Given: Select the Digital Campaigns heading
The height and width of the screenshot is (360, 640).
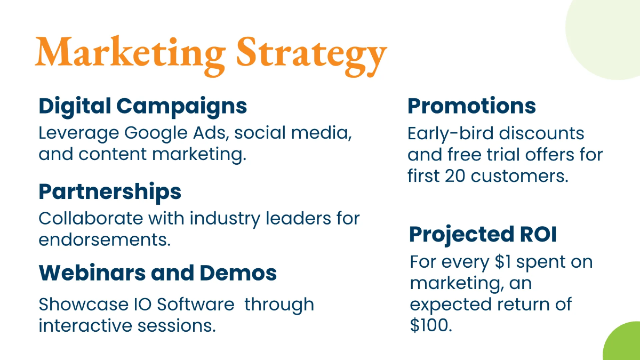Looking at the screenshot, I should point(142,106).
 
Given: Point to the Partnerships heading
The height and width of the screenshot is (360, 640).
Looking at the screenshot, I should point(110,191).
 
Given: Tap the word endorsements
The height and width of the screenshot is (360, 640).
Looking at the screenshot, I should point(105,239).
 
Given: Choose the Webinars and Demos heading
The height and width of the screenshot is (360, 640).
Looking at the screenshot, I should point(157,273).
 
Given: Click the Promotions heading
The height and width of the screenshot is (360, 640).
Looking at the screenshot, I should point(471,106).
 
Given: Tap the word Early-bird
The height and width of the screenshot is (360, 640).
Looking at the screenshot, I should point(451,133).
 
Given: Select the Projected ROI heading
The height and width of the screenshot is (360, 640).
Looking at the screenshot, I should point(483,235).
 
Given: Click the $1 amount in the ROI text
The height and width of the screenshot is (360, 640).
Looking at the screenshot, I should point(504,262).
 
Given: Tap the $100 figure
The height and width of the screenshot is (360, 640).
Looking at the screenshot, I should point(431,325).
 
